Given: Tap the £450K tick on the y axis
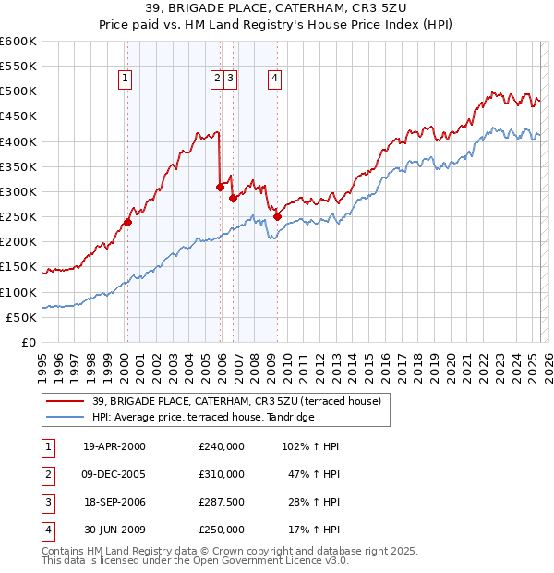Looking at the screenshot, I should coord(18,116).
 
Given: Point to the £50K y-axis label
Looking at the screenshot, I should coord(21,317).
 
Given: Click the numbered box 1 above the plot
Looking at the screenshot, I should coord(125,79).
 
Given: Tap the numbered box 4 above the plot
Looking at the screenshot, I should coord(275,79).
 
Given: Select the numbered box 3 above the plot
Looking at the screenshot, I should coord(229,79).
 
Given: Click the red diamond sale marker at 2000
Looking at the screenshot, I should coord(127,222).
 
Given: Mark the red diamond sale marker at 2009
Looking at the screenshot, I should coord(277,216).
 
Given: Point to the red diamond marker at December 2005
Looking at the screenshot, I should coord(220,187).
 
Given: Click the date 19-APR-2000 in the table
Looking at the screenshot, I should coord(114,445).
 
